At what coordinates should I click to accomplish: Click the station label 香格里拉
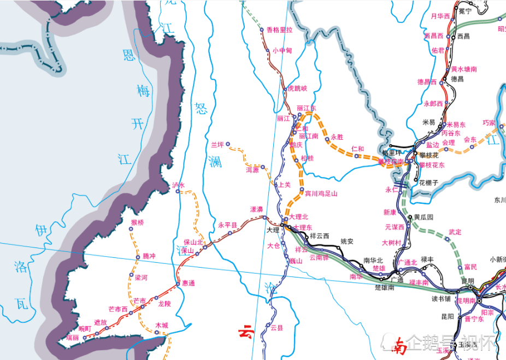[279, 30]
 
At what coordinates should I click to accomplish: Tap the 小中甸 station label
[283, 50]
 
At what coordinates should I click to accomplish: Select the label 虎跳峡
[298, 88]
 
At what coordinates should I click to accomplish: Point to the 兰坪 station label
[217, 145]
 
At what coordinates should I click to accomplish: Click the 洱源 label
[252, 170]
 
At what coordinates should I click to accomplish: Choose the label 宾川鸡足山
[321, 193]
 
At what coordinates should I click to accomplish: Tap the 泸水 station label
[179, 185]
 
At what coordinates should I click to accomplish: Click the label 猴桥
[138, 222]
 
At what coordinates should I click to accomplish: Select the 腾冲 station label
[149, 256]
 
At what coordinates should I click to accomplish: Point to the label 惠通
[189, 283]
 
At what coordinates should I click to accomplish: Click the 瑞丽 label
[73, 338]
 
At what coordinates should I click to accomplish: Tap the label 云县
[277, 327]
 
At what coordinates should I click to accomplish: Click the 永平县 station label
[228, 225]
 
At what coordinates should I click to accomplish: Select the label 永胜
[337, 137]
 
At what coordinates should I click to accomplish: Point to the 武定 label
[455, 232]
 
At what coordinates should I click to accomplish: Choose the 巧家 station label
[489, 122]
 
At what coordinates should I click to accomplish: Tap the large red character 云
[246, 331]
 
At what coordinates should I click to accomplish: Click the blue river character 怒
[201, 109]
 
